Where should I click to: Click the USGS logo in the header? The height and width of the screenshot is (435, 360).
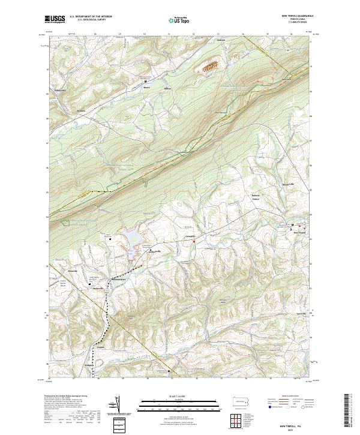point(55,19)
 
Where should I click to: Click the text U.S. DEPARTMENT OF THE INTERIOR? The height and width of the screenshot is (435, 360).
point(91,17)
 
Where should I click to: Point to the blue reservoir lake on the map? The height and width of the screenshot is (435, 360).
point(131,240)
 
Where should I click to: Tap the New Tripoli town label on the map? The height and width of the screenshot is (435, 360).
point(299,233)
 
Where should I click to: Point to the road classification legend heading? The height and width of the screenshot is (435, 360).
point(291,397)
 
